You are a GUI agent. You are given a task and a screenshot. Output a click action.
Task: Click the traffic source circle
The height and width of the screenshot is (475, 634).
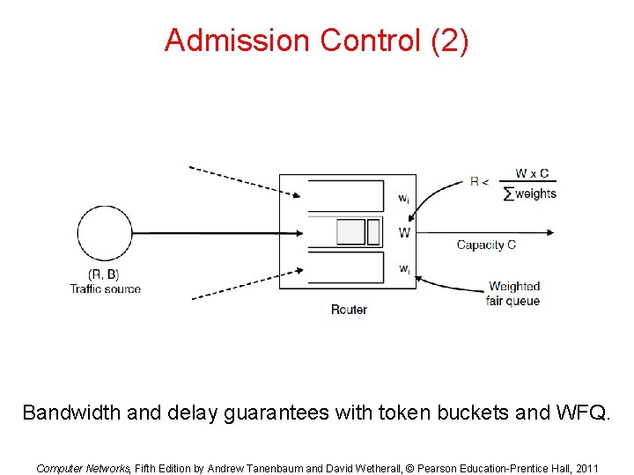tap(104, 233)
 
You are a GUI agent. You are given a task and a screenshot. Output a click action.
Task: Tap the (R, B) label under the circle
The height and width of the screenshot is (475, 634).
tap(105, 274)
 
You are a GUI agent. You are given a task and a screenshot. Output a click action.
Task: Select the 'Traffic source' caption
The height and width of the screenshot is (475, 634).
tap(105, 289)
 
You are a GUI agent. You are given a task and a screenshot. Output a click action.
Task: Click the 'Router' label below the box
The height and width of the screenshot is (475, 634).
tap(349, 310)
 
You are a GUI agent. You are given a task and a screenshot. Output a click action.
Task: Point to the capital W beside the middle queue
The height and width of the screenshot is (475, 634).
tap(404, 233)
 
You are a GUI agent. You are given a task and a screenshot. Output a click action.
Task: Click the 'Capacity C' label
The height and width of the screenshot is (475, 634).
tap(486, 245)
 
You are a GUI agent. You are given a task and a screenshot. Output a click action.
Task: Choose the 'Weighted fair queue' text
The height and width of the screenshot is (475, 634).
tap(513, 294)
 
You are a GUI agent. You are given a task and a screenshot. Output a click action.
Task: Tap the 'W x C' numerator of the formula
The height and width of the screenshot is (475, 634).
tap(532, 173)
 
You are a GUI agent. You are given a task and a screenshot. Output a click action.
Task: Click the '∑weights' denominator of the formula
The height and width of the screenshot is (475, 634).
tap(530, 194)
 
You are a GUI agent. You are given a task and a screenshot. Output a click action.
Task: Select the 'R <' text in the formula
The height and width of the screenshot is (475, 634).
tap(481, 182)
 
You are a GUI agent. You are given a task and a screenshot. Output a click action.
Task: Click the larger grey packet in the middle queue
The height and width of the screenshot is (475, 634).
tap(350, 232)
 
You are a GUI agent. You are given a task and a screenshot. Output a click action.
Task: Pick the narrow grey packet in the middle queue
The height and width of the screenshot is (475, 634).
tap(373, 232)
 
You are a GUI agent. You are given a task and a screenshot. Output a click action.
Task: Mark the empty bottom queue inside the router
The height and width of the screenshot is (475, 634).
tap(345, 267)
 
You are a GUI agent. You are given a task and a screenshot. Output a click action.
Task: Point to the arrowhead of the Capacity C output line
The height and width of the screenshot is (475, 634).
tap(550, 233)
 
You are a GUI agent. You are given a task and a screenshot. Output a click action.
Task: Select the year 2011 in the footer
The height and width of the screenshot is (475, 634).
tap(585, 469)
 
